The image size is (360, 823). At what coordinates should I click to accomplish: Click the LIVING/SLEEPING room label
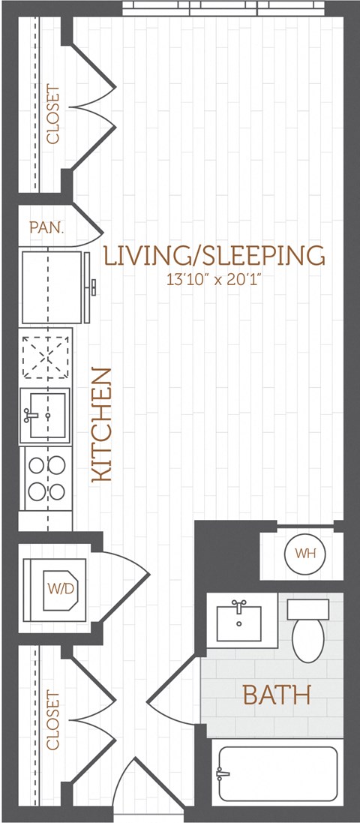coord(214,256)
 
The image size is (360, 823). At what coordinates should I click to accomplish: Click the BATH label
coord(276,695)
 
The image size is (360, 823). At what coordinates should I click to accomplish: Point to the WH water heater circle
coord(304,554)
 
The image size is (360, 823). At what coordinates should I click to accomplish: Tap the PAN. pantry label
coord(46,227)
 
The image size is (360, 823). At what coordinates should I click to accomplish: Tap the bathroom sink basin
coord(238,622)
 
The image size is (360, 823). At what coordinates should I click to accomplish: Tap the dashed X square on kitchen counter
coord(46,356)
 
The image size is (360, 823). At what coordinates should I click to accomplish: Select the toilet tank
coord(308,608)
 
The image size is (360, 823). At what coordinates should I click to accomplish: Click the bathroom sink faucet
coord(238,605)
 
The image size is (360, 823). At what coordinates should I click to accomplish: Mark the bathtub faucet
coord(222,773)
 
